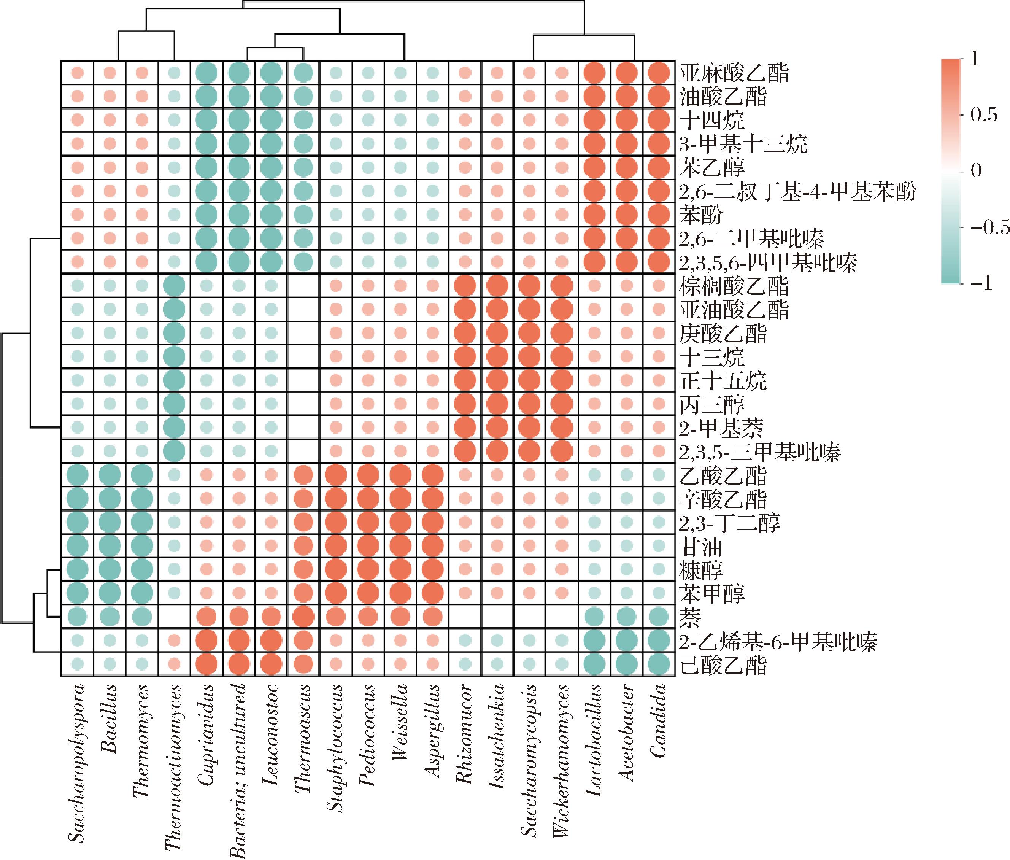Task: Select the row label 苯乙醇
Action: pyautogui.click(x=712, y=167)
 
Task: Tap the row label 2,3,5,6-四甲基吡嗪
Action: pyautogui.click(x=768, y=263)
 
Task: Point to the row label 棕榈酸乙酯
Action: pyautogui.click(x=733, y=286)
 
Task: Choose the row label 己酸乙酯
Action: pyautogui.click(x=723, y=665)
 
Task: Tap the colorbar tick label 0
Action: pyautogui.click(x=977, y=171)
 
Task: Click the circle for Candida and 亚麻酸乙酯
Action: pyautogui.click(x=658, y=73)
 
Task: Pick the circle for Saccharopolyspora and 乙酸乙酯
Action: pyautogui.click(x=77, y=475)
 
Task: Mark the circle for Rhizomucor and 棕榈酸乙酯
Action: pyautogui.click(x=465, y=286)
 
